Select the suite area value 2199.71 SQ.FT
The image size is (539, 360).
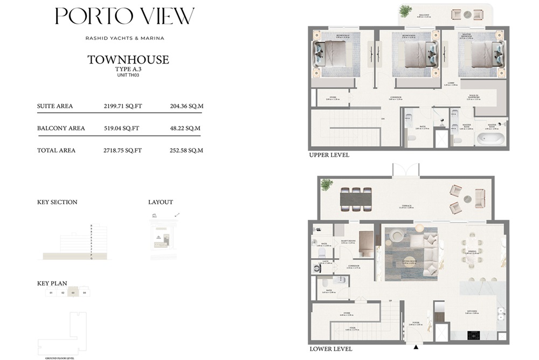122,106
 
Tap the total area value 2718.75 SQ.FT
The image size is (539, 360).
122,150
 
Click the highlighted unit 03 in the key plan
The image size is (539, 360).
74,293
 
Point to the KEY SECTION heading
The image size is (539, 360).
57,202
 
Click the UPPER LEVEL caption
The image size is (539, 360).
329,155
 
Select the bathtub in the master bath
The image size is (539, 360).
490,139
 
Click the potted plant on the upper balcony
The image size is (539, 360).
405,11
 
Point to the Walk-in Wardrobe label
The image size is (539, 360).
473,98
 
